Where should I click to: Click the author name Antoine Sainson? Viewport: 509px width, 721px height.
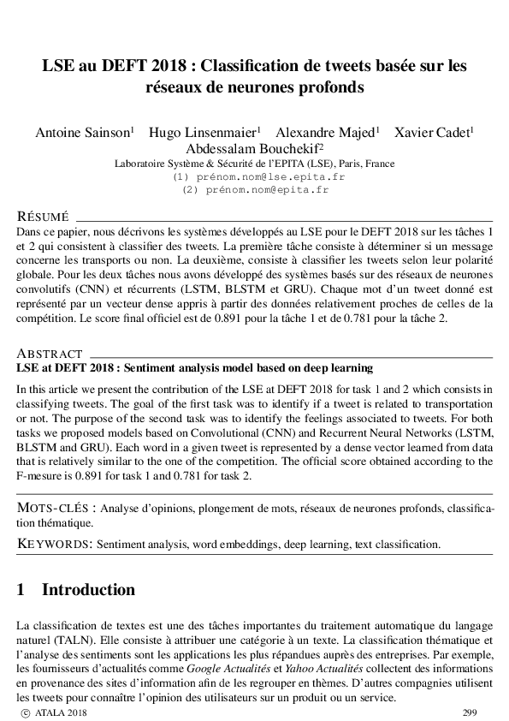click(x=81, y=133)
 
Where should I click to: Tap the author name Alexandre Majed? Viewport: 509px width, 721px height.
click(x=326, y=133)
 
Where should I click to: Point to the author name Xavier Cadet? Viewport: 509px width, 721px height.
click(x=433, y=133)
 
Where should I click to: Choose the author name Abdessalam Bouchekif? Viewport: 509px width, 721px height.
click(x=253, y=148)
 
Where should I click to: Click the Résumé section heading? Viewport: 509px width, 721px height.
click(x=44, y=216)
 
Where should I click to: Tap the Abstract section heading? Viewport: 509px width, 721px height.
click(x=50, y=354)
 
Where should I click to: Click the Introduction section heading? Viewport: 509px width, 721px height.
click(x=88, y=590)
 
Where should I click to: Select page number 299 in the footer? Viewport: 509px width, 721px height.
click(x=470, y=712)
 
